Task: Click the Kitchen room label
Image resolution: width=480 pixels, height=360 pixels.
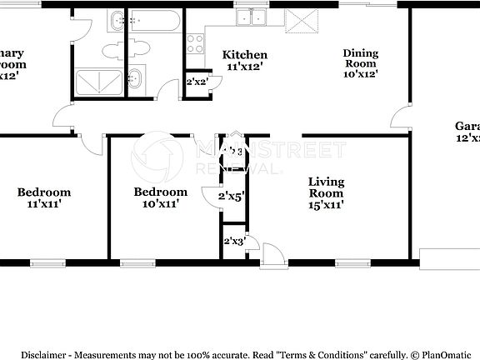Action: [245, 55]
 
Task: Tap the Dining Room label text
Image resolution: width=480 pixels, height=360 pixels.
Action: [361, 59]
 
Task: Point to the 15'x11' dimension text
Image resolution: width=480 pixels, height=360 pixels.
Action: [327, 202]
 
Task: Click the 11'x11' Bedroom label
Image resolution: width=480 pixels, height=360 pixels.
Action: [44, 192]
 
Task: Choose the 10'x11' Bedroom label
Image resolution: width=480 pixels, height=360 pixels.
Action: [161, 192]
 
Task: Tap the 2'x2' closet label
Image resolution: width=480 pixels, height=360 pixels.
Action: [197, 82]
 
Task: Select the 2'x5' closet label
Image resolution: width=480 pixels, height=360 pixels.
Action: [231, 197]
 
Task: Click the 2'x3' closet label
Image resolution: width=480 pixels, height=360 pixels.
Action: [233, 242]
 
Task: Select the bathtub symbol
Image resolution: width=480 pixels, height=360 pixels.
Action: [155, 20]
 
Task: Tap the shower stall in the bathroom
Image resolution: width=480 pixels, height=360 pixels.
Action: [98, 83]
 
